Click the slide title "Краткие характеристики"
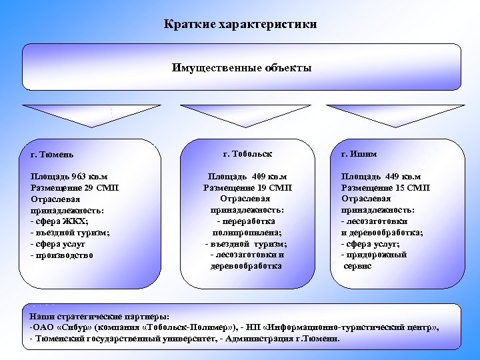tap(241, 25)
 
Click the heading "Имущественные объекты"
tap(241, 68)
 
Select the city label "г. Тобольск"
tap(247, 153)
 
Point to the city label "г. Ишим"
tap(359, 153)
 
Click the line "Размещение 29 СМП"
tap(75, 188)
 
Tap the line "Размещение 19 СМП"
tap(247, 188)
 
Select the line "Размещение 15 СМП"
tap(385, 188)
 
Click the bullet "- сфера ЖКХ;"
tap(60, 221)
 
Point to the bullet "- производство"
tap(62, 255)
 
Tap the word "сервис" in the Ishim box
tap(358, 266)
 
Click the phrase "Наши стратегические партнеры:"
tap(99, 317)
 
